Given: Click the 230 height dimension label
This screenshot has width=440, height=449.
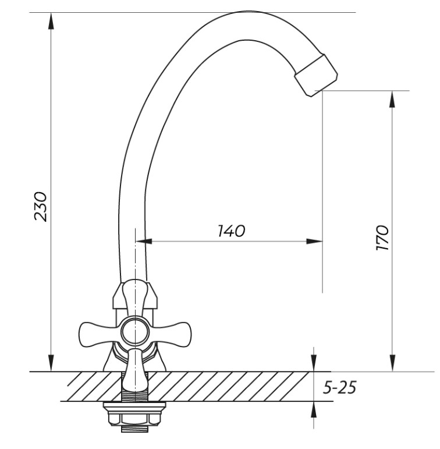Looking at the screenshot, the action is [x=40, y=207].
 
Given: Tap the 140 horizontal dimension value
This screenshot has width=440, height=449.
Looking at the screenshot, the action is [x=231, y=231].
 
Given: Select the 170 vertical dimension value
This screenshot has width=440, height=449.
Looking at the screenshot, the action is [x=382, y=238].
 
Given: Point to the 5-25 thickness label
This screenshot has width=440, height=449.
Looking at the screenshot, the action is [x=339, y=388].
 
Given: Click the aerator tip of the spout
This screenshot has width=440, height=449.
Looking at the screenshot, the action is [x=316, y=75].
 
